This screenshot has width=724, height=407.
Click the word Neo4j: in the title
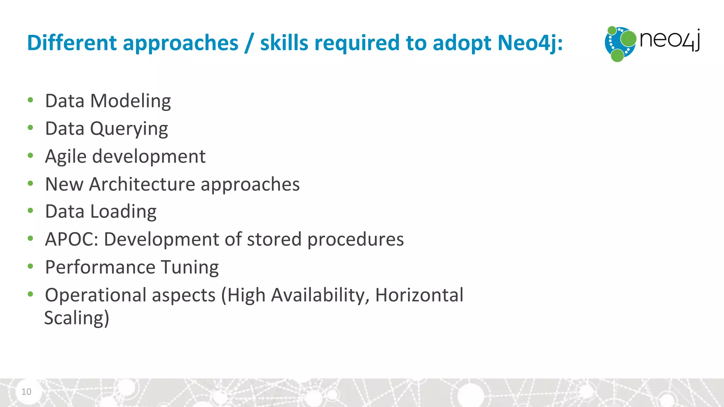tap(530, 43)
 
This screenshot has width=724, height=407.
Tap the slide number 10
tap(26, 391)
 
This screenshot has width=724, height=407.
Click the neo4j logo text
tap(670, 40)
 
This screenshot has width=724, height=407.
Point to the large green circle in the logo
tap(628, 39)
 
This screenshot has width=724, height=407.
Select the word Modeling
tap(130, 101)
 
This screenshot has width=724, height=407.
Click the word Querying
tap(129, 129)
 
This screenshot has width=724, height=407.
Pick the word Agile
tap(66, 157)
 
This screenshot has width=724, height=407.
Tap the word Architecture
tap(142, 184)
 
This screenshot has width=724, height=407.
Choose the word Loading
tap(123, 212)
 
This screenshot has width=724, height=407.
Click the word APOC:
tap(72, 239)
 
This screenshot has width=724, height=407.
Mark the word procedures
tap(355, 240)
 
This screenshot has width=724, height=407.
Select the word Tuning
tap(190, 267)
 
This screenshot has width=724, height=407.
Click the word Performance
tap(100, 267)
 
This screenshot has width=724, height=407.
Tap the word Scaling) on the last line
tap(77, 318)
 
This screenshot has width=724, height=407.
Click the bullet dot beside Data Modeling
tap(30, 100)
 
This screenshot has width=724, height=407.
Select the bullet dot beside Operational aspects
tap(30, 294)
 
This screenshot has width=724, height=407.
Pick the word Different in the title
tap(72, 43)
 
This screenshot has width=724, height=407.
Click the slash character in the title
tap(249, 43)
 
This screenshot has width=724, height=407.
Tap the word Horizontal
tap(419, 295)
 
